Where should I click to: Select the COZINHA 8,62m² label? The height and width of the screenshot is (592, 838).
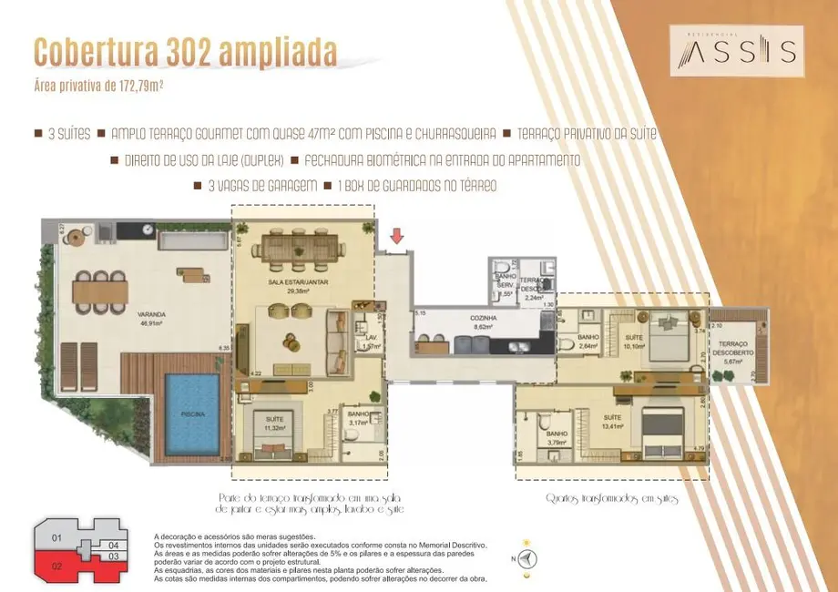(485, 321)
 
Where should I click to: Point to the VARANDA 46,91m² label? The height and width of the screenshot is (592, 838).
(151, 319)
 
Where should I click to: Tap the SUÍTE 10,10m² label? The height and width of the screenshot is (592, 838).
(634, 342)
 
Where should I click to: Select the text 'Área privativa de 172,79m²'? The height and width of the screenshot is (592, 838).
(97, 87)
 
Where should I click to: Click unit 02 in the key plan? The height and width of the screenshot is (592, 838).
(56, 565)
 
